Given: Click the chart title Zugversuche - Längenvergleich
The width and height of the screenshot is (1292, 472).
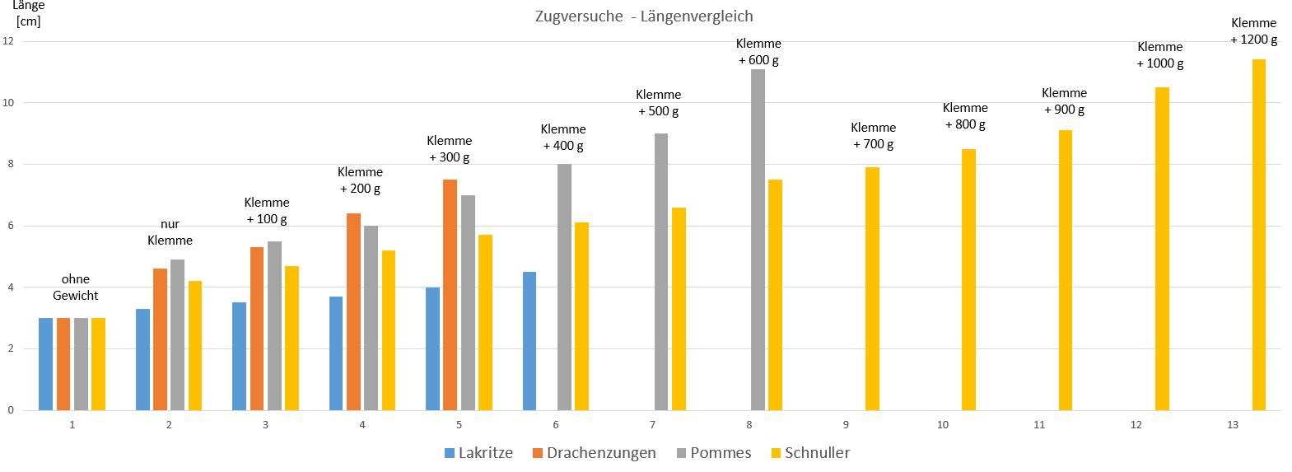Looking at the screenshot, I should [644, 16].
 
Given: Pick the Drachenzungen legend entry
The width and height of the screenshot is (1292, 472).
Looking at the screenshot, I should [595, 453].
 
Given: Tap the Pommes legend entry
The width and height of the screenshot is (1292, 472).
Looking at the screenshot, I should [714, 453].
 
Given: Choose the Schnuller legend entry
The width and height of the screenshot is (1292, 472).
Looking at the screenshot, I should [810, 453].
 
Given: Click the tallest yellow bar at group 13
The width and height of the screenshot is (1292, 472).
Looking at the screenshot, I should [1258, 235].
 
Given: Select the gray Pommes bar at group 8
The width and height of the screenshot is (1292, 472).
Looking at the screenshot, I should [758, 240].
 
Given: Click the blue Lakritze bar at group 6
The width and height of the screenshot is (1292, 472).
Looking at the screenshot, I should [529, 341].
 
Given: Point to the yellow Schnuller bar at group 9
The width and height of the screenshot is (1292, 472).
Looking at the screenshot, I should [872, 288].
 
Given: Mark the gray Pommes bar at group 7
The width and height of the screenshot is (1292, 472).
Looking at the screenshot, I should [661, 272].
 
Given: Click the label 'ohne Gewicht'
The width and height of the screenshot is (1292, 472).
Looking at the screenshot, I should [76, 287].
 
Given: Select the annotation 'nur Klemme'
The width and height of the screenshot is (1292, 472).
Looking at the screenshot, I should [170, 232].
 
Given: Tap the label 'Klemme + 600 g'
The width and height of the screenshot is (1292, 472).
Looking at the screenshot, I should [758, 52].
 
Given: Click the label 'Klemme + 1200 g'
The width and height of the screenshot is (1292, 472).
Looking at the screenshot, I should [1253, 31].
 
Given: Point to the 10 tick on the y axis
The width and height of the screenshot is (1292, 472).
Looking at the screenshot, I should [8, 103].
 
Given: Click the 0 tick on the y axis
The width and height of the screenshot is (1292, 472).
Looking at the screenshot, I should [11, 410].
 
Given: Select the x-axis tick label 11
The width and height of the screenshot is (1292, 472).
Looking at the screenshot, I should [1039, 425].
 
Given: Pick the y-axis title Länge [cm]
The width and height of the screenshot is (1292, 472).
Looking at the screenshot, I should [28, 13].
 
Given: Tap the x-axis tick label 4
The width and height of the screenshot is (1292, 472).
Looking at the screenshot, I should [362, 425].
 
